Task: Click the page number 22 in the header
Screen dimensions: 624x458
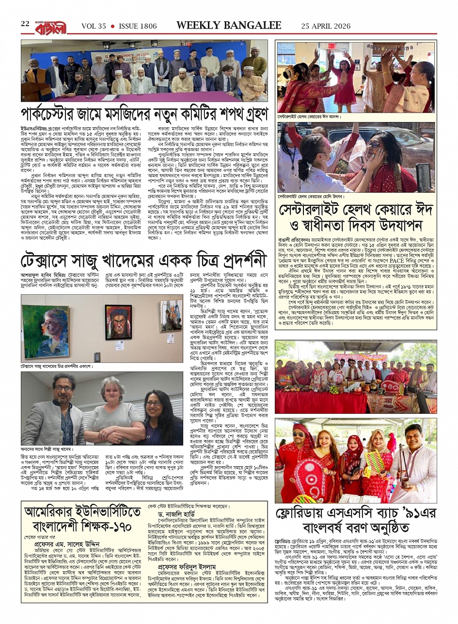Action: coord(25,24)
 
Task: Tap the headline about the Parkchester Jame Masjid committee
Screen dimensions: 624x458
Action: coord(144,115)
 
